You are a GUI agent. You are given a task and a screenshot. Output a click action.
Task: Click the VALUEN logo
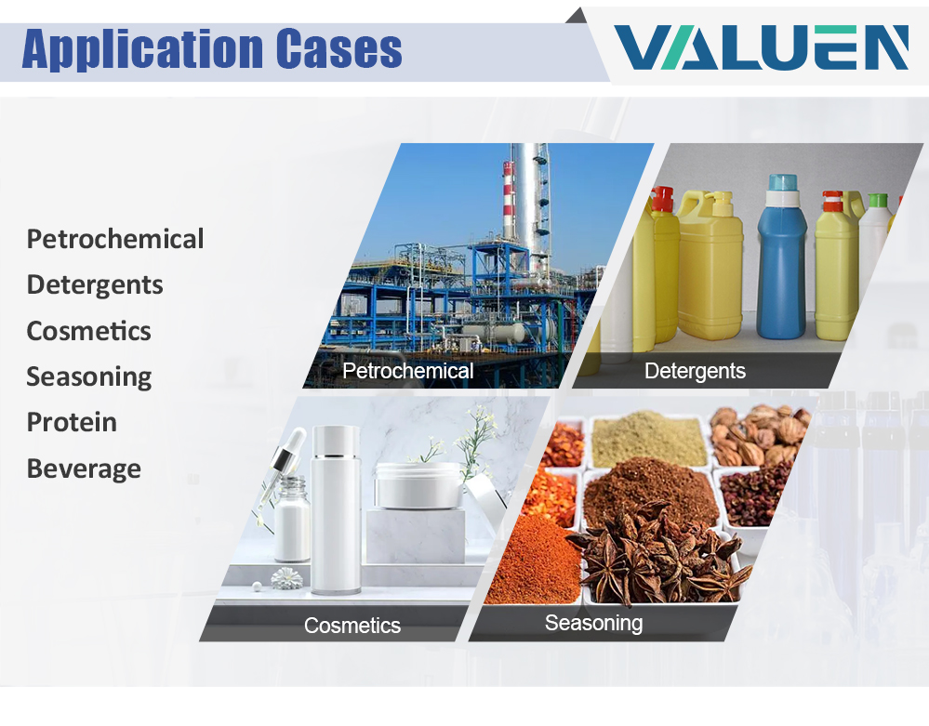pos(761,47)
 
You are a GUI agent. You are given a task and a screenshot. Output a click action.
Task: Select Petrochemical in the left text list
pos(115,239)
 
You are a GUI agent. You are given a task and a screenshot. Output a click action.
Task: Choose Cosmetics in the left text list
pos(89,331)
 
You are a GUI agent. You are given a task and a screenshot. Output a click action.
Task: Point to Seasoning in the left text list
pos(89,377)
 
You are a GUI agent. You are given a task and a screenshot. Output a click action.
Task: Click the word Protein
pos(72,422)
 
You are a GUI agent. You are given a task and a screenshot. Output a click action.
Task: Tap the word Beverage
pos(84,469)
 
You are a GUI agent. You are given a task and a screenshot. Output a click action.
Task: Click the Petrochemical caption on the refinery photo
pos(408,371)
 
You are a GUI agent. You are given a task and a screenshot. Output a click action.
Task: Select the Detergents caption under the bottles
pos(695,371)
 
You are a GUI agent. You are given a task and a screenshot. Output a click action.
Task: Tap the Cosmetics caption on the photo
pos(352,626)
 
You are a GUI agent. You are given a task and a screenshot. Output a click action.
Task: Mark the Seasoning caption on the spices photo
pos(593,624)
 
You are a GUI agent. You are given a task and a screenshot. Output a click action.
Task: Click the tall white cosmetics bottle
pos(336,509)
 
